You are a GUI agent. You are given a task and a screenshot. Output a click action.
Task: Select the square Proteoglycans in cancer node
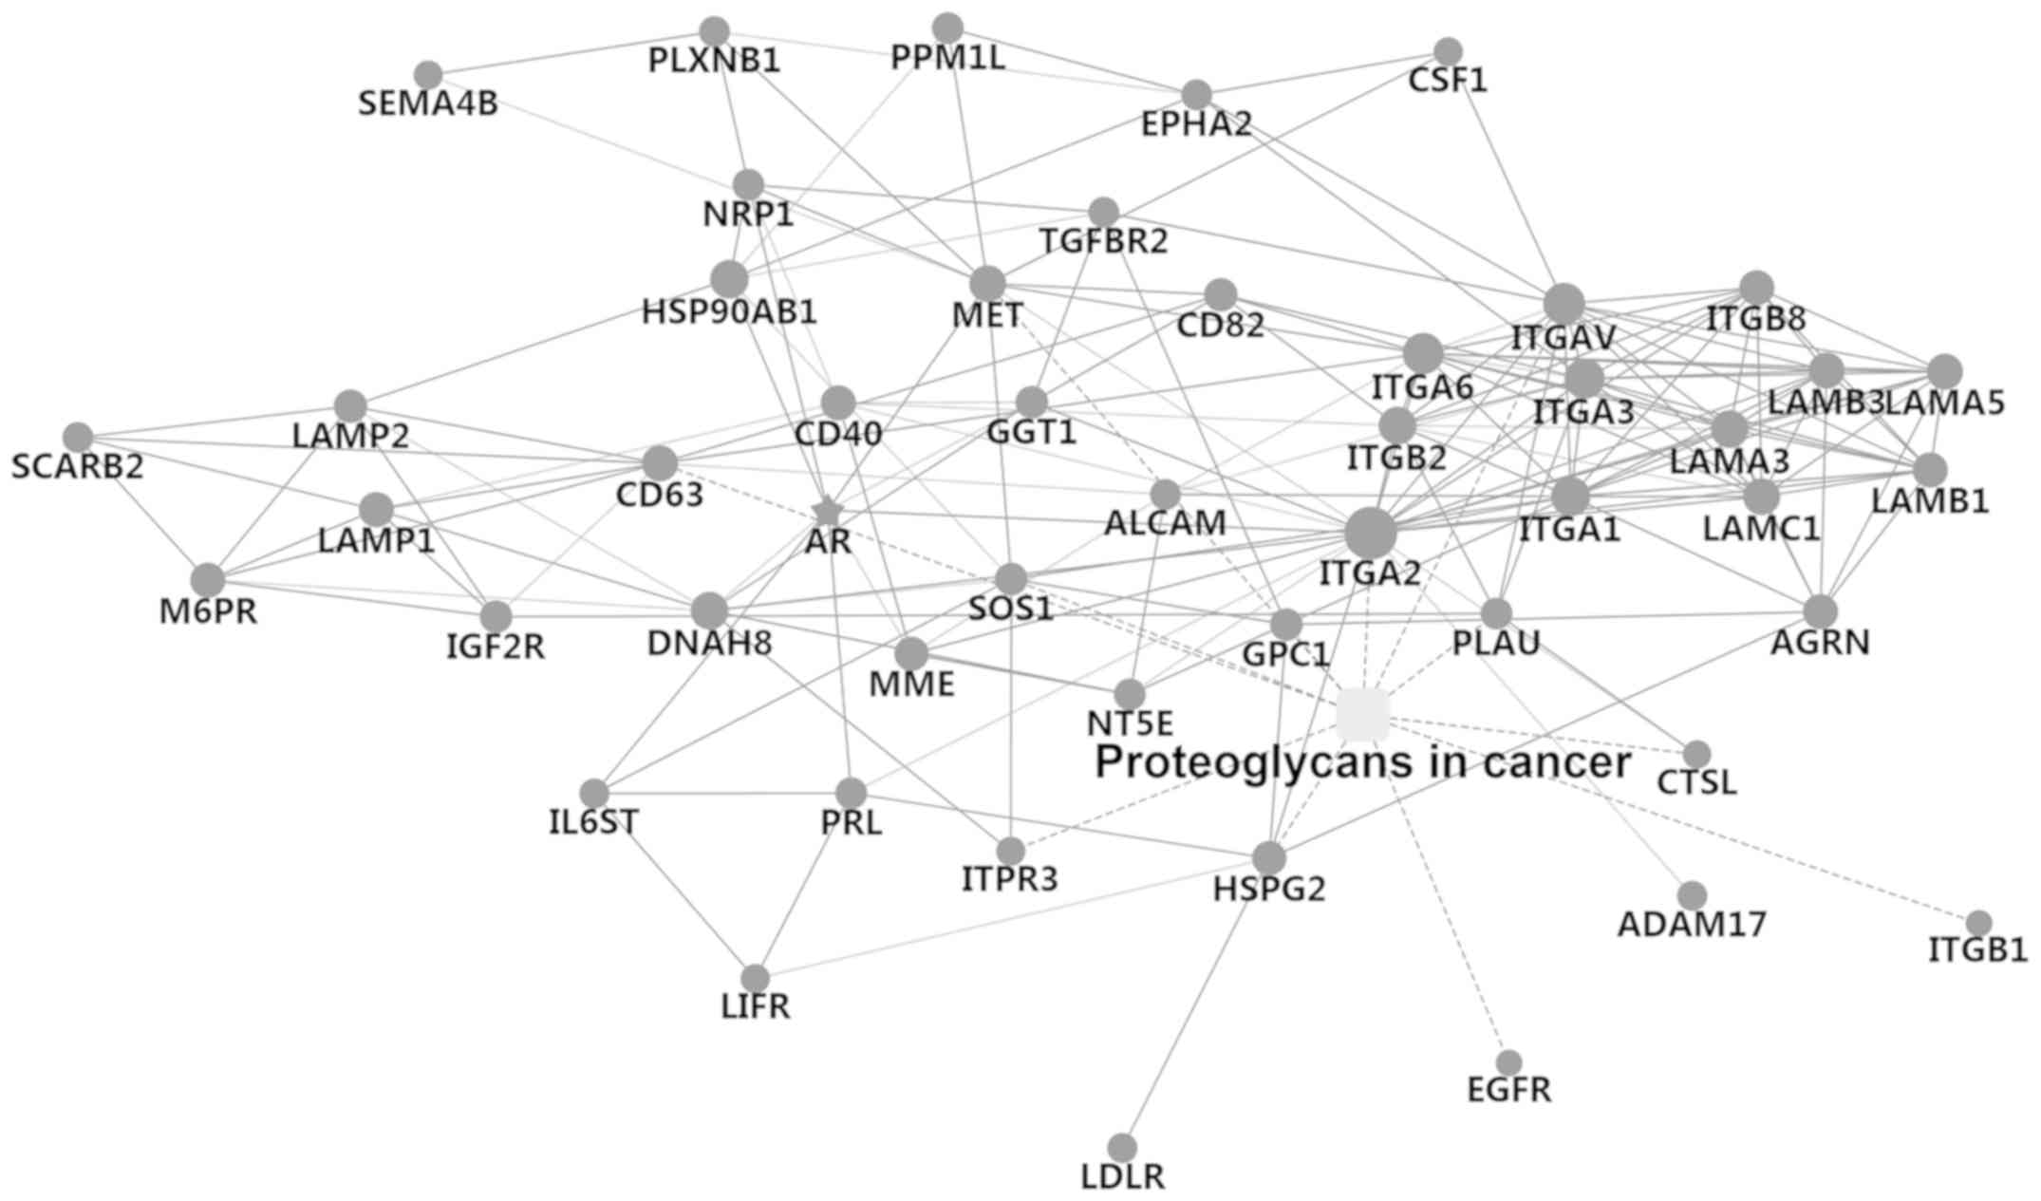tap(1362, 715)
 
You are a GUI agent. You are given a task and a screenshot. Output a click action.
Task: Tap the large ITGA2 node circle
tap(1370, 534)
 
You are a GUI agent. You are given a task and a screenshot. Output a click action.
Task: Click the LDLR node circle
tap(1122, 1147)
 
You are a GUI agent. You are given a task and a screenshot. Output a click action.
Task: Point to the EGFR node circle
tap(1508, 1062)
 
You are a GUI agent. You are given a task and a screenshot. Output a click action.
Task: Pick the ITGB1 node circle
tap(1978, 923)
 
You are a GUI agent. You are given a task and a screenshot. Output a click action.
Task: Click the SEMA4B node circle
tap(428, 74)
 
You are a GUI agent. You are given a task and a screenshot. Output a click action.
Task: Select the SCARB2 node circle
tap(78, 437)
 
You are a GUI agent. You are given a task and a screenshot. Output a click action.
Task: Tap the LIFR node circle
tap(755, 978)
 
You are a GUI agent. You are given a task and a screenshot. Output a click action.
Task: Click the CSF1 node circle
tap(1448, 50)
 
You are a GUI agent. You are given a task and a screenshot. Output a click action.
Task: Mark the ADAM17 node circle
tap(1692, 894)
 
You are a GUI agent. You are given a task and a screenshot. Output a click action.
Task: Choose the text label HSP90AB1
tap(729, 313)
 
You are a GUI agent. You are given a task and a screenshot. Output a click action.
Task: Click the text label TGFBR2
tap(1103, 243)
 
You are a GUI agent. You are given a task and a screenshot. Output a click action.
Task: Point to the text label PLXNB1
tap(714, 62)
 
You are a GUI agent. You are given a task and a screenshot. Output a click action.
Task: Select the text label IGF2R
tap(496, 647)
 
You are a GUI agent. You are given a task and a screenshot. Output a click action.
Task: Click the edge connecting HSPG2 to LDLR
tap(1196, 1002)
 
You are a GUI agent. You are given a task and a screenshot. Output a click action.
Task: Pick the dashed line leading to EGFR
tap(1435, 889)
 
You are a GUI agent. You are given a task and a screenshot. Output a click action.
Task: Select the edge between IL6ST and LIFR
tap(674, 885)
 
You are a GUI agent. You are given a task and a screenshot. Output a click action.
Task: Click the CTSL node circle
tap(1696, 755)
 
